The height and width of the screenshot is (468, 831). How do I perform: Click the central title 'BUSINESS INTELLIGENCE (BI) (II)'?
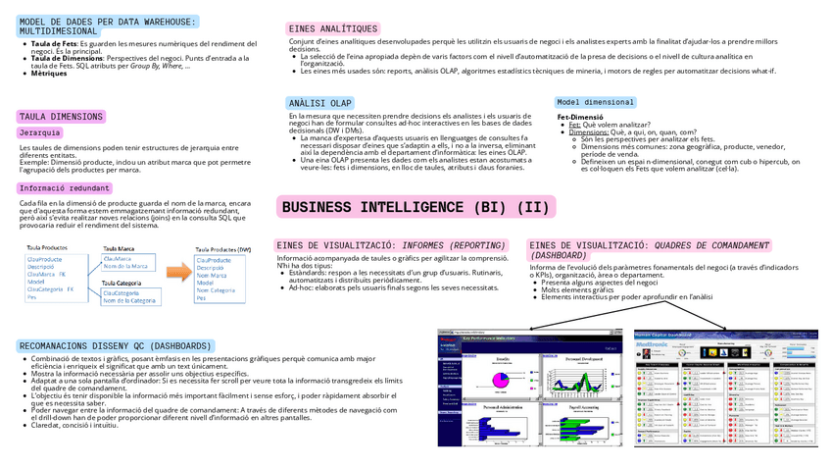coord(416,207)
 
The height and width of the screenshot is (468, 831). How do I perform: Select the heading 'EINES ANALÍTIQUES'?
coord(333,29)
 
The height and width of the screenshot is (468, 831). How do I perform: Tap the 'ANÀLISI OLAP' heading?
coord(320,103)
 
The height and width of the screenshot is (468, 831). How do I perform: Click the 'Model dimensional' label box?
coord(595,102)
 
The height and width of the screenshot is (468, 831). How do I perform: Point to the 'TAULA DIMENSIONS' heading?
coord(61,117)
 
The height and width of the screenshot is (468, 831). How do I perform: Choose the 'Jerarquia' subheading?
coord(40,132)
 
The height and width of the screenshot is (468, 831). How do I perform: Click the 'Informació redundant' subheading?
coord(65,187)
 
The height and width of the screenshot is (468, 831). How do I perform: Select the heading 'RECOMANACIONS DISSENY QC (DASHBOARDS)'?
coord(115,346)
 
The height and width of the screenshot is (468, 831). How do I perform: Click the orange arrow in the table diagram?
coord(177,271)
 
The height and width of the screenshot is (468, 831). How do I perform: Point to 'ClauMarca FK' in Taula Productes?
coord(46,274)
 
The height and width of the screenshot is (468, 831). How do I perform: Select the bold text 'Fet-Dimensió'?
coord(580,116)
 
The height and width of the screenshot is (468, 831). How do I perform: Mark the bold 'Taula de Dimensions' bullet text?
coord(67,59)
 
